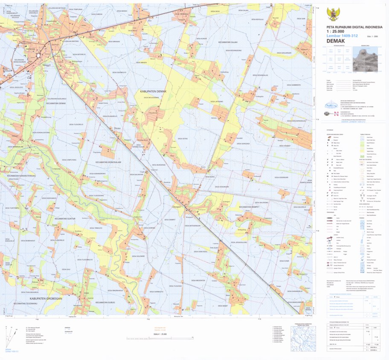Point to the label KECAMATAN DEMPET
[248, 207]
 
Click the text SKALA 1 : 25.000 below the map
[159, 334]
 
